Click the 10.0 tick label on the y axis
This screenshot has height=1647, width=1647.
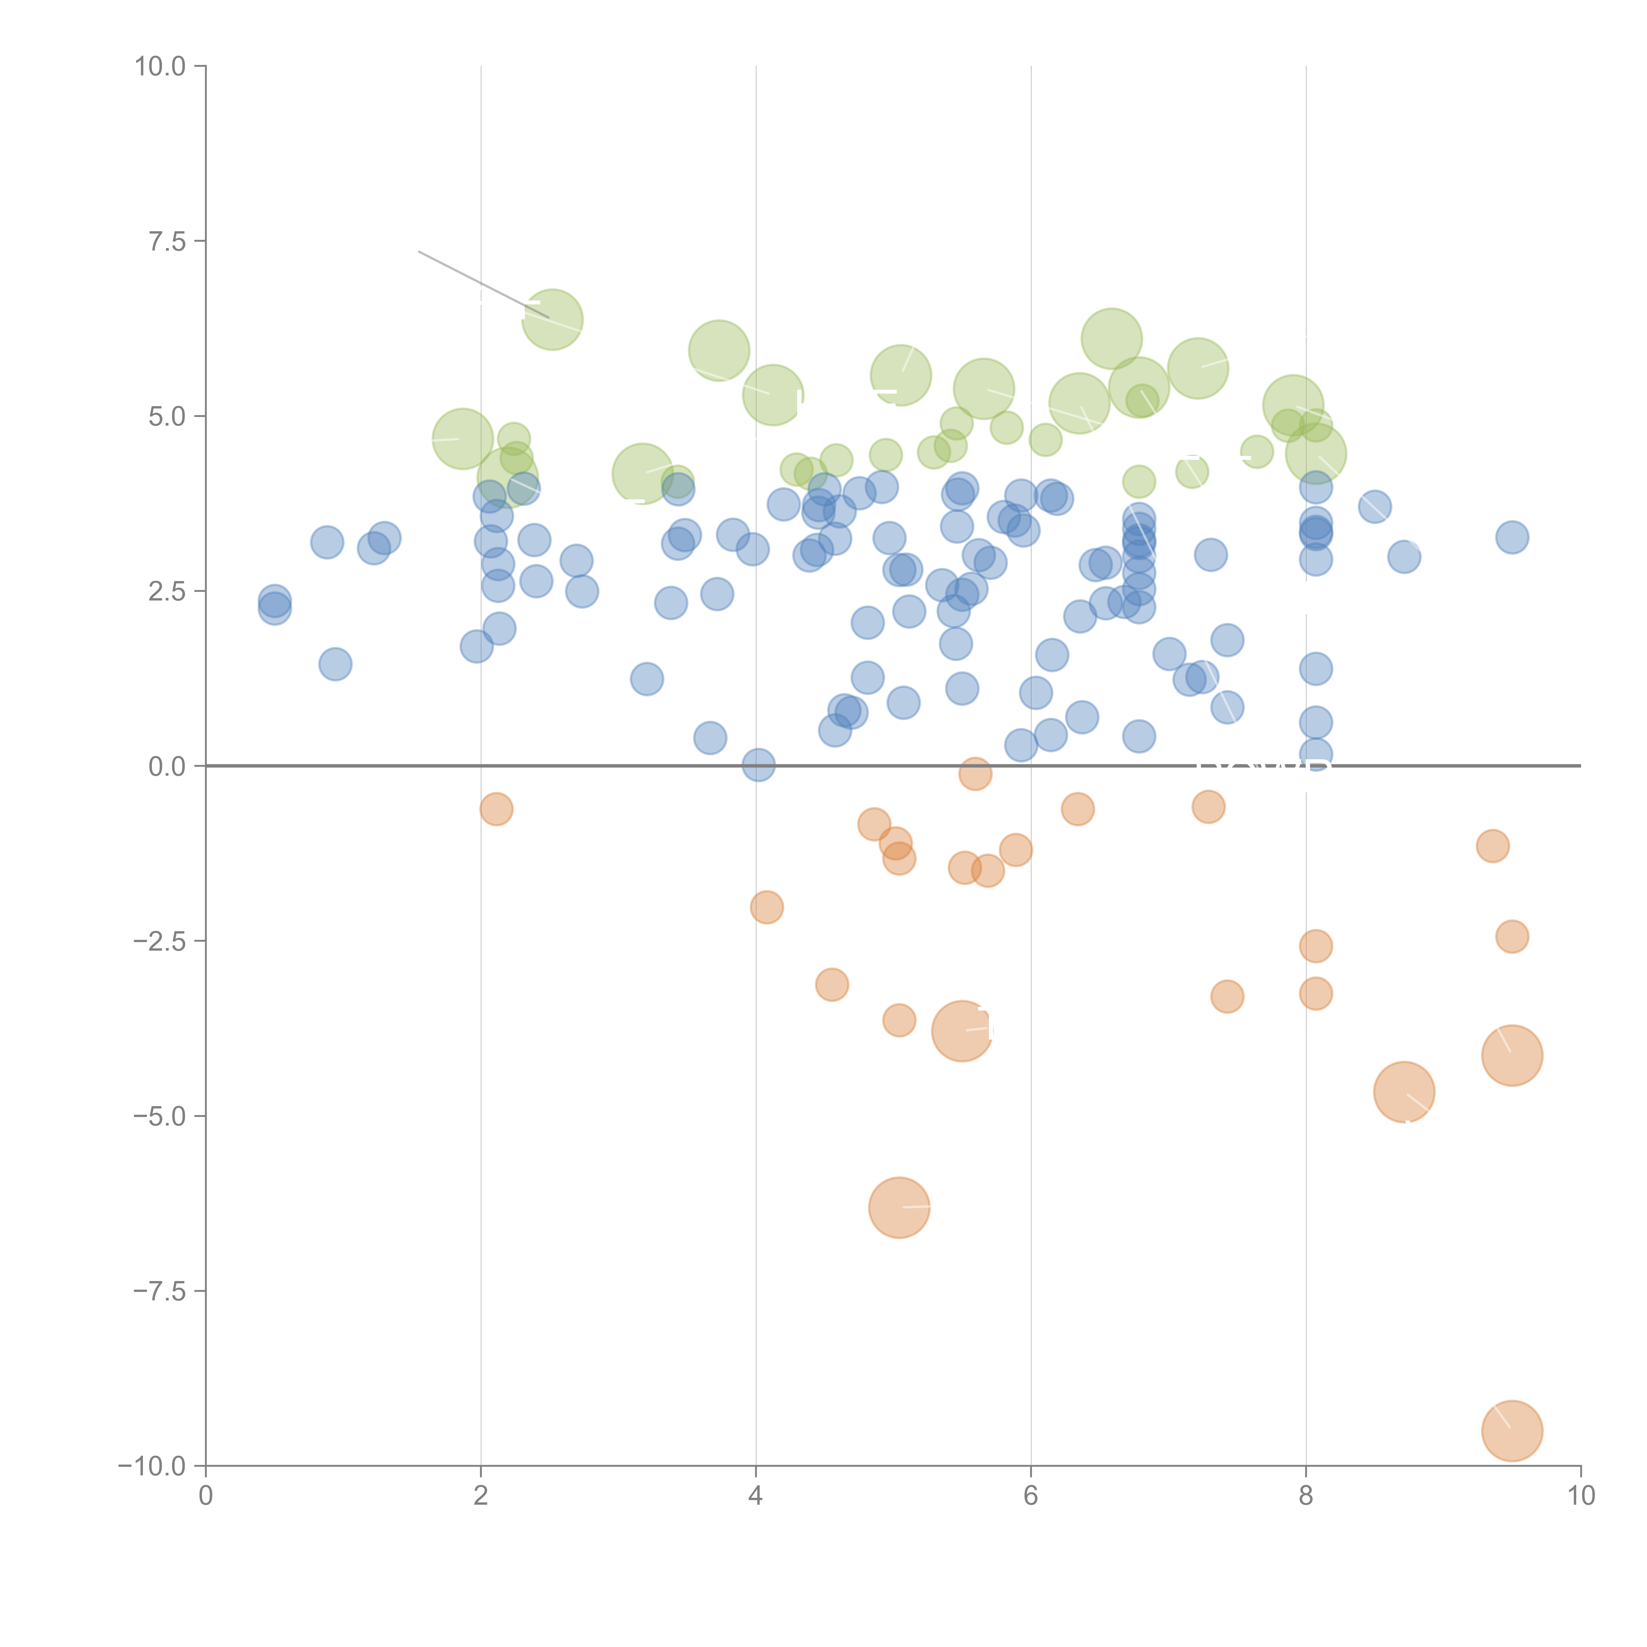pos(160,67)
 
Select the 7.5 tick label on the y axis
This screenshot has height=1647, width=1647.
pos(167,241)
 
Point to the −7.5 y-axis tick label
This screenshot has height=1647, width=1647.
pos(160,1291)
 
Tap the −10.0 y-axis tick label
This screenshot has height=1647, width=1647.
pos(154,1466)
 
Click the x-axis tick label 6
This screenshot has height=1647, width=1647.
pos(1031,1496)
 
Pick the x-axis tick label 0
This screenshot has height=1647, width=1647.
pos(206,1496)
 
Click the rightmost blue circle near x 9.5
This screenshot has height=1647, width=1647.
pos(1512,537)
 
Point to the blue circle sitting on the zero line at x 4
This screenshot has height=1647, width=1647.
pos(758,765)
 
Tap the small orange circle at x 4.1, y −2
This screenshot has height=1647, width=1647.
pos(767,907)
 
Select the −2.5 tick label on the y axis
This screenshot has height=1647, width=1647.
pos(160,941)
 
